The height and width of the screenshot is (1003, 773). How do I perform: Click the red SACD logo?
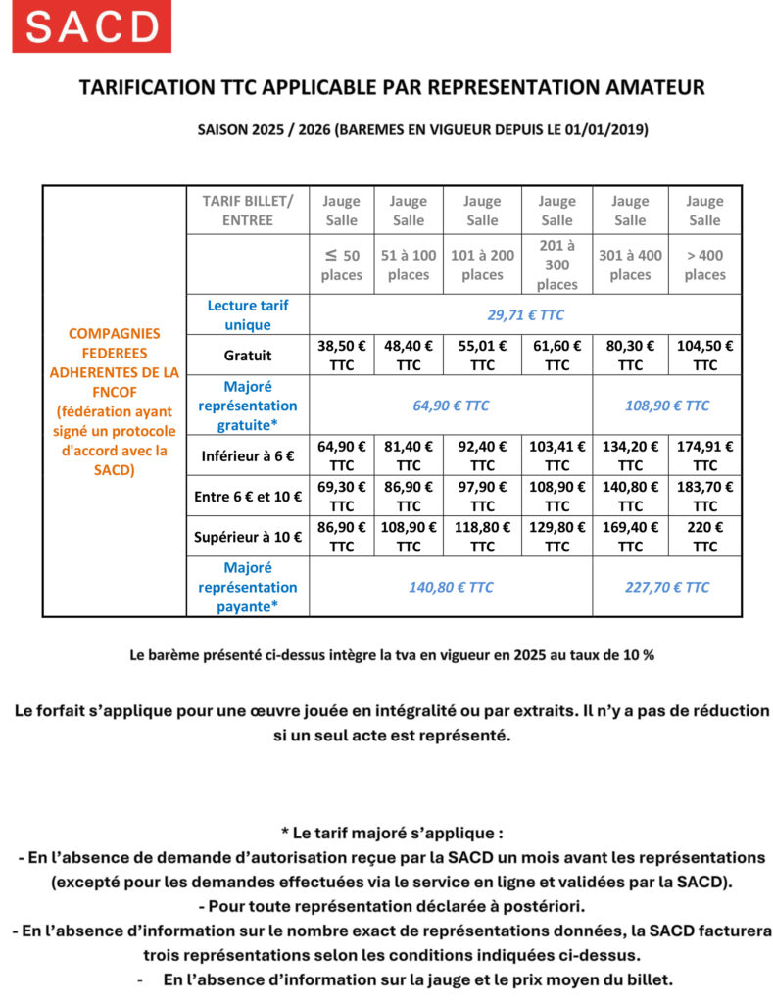91,26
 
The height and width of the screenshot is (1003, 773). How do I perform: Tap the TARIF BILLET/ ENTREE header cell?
247,211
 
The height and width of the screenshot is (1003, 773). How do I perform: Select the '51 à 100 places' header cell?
409,264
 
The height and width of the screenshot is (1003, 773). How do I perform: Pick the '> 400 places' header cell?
704,264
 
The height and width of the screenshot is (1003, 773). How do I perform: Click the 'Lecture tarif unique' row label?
247,314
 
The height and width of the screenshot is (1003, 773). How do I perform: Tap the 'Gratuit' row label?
247,355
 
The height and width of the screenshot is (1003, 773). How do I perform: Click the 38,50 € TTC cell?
341,355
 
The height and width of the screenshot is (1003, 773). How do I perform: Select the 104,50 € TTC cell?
704,355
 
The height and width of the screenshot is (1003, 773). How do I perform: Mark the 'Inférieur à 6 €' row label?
247,455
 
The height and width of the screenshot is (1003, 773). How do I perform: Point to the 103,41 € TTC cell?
556,455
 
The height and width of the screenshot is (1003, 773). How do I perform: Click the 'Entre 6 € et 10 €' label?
247,496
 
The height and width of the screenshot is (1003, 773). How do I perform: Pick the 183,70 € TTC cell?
704,496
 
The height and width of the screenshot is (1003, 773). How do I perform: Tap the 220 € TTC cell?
704,536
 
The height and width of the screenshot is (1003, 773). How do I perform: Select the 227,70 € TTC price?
666,587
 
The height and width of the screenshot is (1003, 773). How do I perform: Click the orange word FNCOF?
115,391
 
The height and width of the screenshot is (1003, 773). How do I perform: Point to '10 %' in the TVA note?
636,655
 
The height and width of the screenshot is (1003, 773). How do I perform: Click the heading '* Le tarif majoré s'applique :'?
392,834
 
